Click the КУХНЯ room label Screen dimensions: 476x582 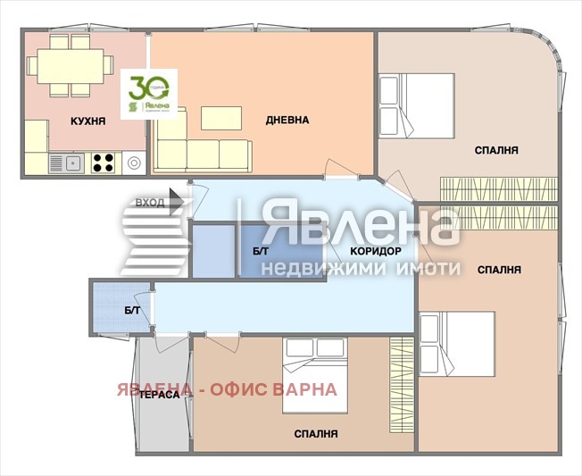coord(88,120)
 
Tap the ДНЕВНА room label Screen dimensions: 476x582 coord(287,120)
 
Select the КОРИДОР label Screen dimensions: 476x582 coord(375,251)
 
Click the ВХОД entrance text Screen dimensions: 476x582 coord(149,203)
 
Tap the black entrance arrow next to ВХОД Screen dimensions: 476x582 coord(177,204)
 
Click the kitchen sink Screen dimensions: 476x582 coord(67,163)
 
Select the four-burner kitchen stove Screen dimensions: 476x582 coord(104,163)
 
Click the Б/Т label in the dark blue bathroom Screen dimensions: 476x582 coord(260,253)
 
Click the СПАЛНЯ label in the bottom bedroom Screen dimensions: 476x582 coord(316,434)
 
